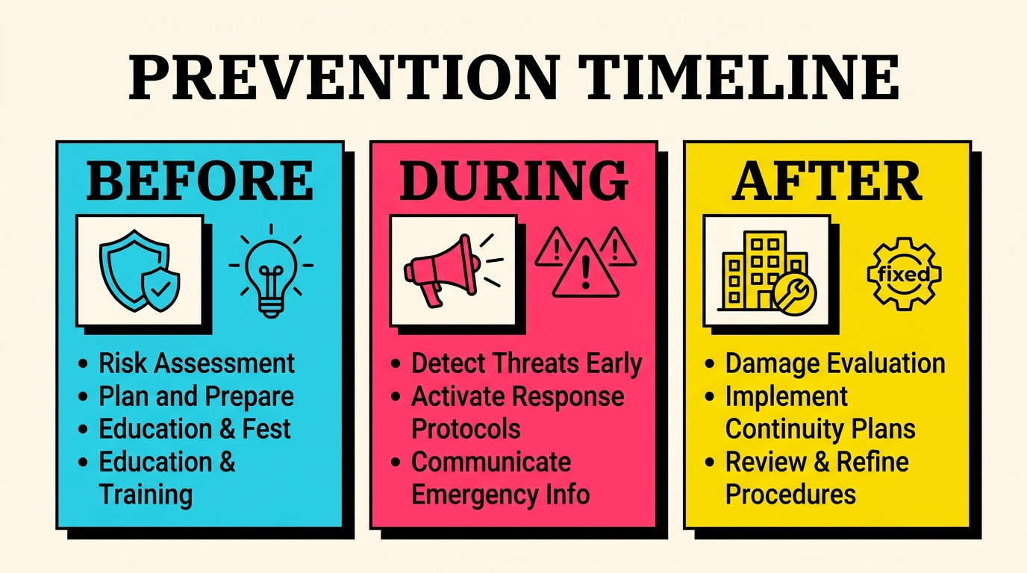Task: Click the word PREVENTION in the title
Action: pos(343,78)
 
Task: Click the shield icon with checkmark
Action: pos(139,269)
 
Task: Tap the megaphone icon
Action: pos(440,269)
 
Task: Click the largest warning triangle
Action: pos(587,269)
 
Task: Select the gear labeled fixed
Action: pos(903,274)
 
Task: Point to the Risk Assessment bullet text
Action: pos(197,363)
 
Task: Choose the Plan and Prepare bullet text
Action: pos(196,396)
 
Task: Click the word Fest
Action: pos(266,429)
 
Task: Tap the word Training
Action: pos(146,494)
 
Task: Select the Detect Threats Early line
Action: pos(526,363)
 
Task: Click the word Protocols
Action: pos(466,429)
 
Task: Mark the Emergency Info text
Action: pos(500,494)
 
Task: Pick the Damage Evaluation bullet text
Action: pos(835,363)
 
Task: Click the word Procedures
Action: pos(790,494)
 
